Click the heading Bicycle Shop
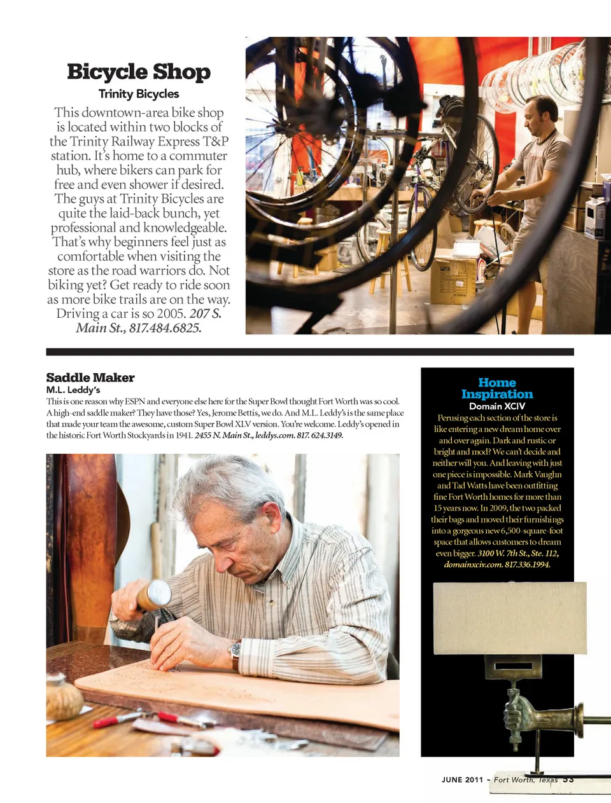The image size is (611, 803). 139,72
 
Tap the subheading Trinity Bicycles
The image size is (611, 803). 139,94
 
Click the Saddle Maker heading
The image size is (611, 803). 90,378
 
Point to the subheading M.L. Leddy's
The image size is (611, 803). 73,390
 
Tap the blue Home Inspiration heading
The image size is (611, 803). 497,388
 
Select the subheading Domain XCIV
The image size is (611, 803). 497,406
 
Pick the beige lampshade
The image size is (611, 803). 509,618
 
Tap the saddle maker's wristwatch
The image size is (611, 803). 236,652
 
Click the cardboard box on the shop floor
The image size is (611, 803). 453,280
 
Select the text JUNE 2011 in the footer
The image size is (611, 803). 462,780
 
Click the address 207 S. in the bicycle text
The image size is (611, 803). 206,314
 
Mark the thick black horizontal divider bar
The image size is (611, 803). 310,352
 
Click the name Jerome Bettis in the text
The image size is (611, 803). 235,413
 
